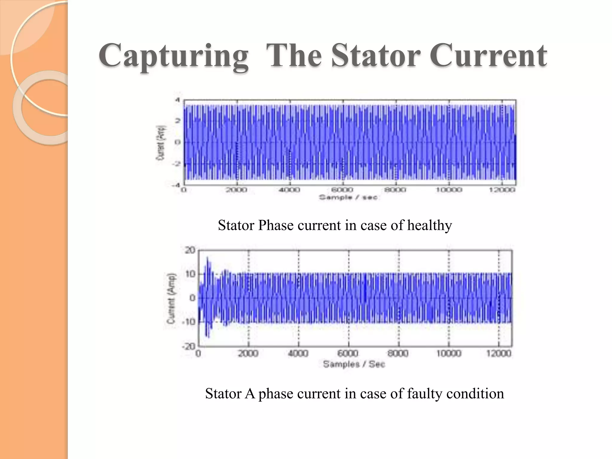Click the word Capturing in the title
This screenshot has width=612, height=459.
pyautogui.click(x=174, y=56)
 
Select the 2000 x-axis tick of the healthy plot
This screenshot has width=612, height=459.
pyautogui.click(x=236, y=190)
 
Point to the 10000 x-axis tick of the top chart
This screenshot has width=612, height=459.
pyautogui.click(x=449, y=190)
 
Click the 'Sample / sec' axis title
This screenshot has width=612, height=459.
pyautogui.click(x=348, y=197)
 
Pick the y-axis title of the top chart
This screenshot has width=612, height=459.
pyautogui.click(x=161, y=143)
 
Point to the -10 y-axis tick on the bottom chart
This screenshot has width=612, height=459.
pyautogui.click(x=188, y=322)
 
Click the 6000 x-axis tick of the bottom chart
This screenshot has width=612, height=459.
pyautogui.click(x=348, y=354)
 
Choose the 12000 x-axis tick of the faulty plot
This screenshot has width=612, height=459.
pyautogui.click(x=499, y=354)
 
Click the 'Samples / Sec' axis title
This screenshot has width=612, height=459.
pyautogui.click(x=354, y=364)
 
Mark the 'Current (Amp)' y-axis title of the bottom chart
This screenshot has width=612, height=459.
pyautogui.click(x=171, y=298)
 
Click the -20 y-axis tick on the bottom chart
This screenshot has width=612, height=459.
pyautogui.click(x=188, y=347)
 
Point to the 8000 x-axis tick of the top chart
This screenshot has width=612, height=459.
pyautogui.click(x=395, y=190)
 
